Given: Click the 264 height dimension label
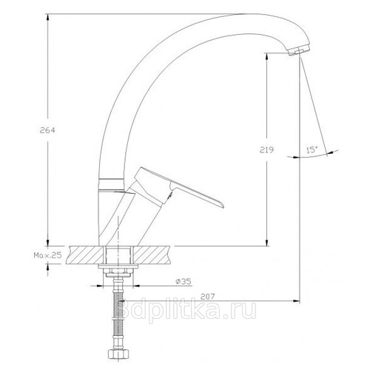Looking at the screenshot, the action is click(x=47, y=130).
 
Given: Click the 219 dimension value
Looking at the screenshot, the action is click(x=266, y=149).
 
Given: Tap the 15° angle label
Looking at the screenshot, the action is click(x=312, y=149).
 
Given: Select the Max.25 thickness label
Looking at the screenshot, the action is click(x=47, y=255).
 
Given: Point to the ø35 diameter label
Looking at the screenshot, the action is click(x=184, y=281).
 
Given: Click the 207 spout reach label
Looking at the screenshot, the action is click(x=207, y=296).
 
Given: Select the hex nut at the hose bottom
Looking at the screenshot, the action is click(x=118, y=354).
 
